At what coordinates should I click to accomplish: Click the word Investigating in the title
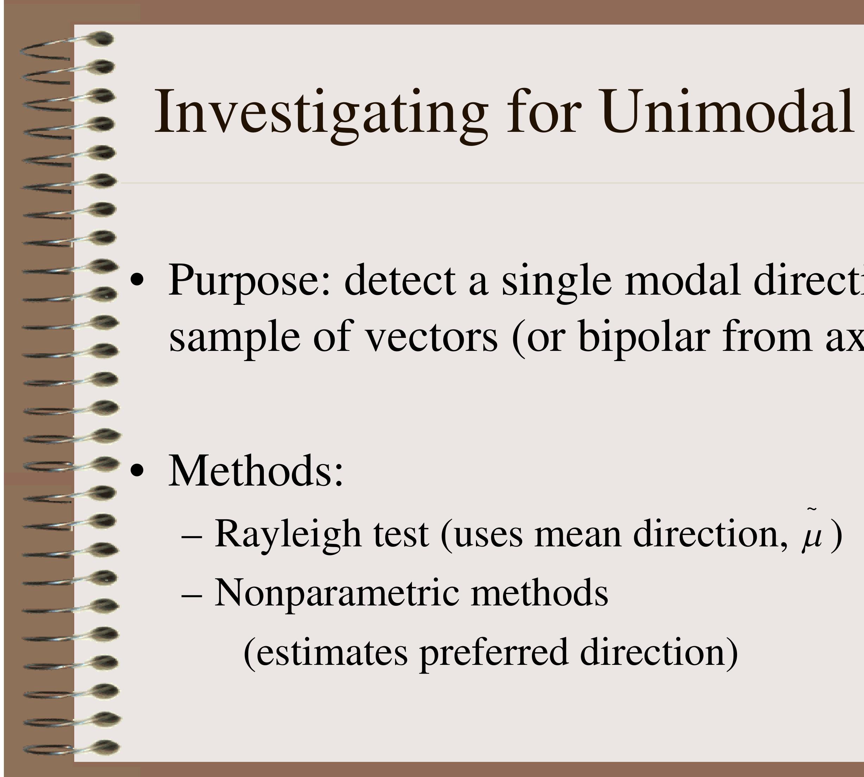320,113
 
